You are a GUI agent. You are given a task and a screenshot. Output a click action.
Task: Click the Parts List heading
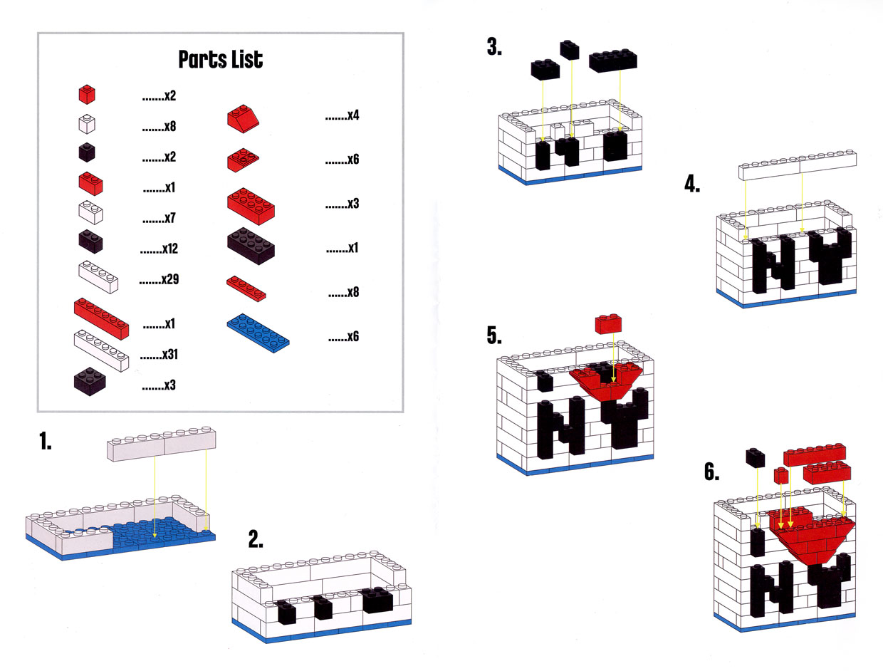220,60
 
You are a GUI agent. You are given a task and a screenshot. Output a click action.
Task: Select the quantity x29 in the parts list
159,280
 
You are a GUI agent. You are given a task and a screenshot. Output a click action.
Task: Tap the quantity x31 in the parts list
159,354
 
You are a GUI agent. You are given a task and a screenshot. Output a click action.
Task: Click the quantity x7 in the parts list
159,219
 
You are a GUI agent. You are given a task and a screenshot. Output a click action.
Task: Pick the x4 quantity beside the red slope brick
342,115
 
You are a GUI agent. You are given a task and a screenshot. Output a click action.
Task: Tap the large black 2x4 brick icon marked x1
251,246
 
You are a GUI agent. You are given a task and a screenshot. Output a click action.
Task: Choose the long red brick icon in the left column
102,318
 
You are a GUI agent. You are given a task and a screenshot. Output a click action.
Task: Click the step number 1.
45,442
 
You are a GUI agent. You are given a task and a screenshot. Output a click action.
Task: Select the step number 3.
494,48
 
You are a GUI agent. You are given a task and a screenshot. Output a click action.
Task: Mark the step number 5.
494,335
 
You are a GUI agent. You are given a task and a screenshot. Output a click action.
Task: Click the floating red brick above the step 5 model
610,323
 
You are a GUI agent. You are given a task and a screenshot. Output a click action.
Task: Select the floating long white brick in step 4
797,165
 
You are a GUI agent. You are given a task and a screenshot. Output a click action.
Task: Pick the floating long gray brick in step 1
162,445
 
